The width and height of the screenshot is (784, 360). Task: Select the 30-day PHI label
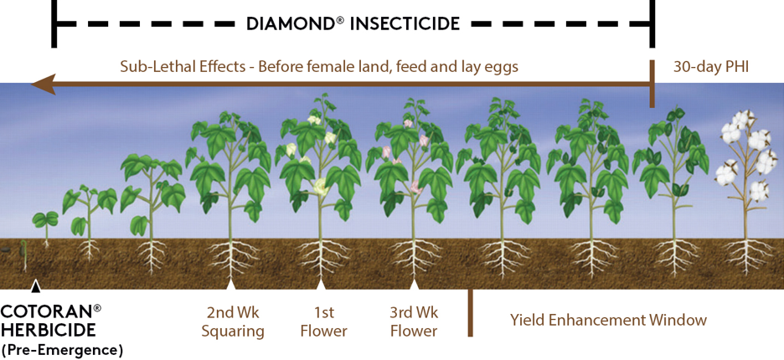710,68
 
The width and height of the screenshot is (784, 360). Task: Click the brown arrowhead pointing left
43,85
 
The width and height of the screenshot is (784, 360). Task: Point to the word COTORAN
47,312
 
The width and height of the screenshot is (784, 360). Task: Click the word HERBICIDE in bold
48,331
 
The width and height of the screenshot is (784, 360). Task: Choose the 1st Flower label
323,322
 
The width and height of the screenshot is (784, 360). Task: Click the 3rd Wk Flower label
414,322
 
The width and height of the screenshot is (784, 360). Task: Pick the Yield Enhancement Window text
608,320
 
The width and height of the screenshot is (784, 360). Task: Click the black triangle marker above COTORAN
35,286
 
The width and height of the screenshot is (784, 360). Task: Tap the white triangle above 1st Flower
321,285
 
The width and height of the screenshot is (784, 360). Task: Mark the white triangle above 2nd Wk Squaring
230,285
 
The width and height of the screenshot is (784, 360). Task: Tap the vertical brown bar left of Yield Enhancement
470,313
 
